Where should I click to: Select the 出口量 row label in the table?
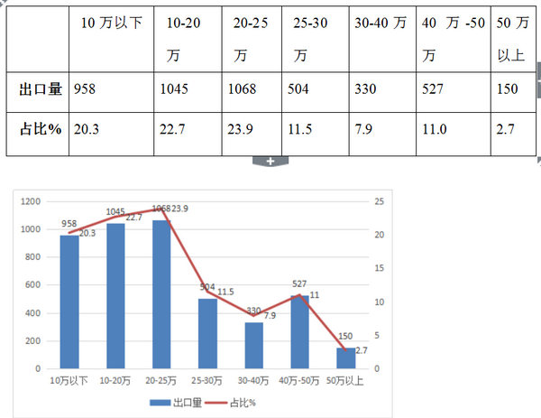41,88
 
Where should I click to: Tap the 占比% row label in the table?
41,129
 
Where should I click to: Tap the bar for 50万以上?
346,358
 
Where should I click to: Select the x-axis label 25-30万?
208,381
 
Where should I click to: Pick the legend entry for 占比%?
232,403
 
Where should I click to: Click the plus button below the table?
270,161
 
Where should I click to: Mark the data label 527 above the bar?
300,283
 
